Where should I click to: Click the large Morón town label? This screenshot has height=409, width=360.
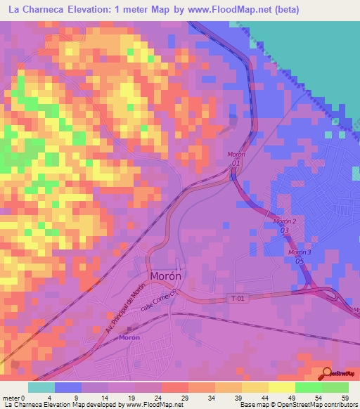point(165,276)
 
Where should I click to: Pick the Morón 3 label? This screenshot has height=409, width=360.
point(299,252)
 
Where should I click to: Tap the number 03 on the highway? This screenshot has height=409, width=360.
point(285,230)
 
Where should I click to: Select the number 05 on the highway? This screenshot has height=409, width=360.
point(299,261)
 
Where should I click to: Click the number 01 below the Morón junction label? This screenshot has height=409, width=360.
point(236,162)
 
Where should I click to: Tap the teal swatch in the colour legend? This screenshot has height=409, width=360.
point(41,387)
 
